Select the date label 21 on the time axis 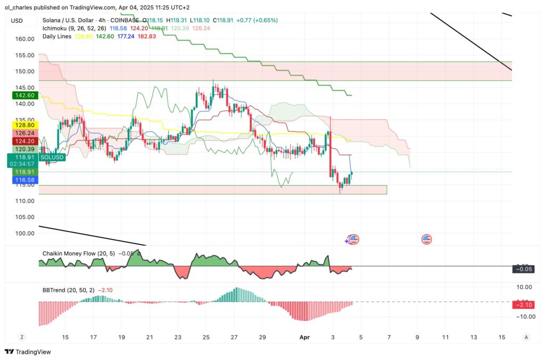150,337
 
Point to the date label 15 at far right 501,337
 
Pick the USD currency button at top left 17,20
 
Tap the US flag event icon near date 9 427,240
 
